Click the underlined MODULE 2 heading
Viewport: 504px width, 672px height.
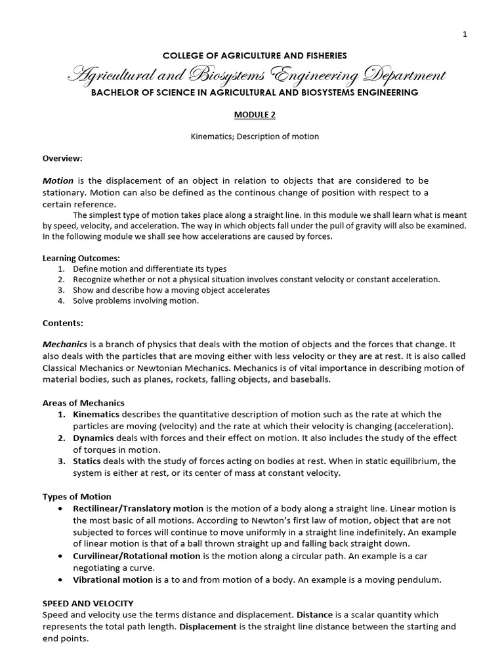[252, 114]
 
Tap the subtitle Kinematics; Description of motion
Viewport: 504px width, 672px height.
[252, 136]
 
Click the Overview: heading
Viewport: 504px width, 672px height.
[62, 158]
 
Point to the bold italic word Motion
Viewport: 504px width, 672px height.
[58, 180]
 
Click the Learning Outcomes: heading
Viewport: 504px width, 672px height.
[81, 259]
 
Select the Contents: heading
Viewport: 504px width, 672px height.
[63, 323]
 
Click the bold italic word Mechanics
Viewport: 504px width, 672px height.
[65, 345]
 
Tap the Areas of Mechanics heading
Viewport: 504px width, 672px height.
[83, 403]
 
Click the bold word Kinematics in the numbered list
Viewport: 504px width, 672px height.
[96, 414]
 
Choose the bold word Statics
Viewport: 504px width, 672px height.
[89, 461]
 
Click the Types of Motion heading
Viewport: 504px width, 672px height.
[77, 497]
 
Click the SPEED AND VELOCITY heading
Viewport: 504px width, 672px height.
[88, 603]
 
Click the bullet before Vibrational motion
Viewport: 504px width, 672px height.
[61, 580]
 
